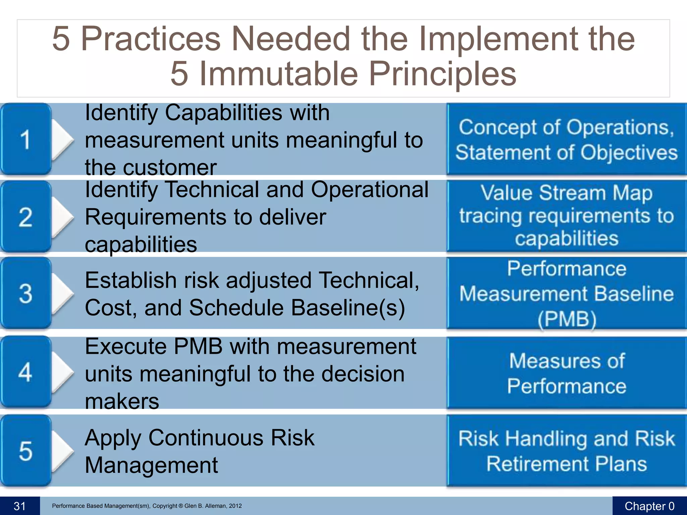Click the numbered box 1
[x=25, y=139]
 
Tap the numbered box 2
[x=25, y=217]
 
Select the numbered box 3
[x=25, y=293]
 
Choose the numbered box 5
[x=25, y=450]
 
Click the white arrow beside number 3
[x=62, y=293]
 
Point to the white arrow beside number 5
[x=62, y=450]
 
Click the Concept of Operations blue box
[x=566, y=139]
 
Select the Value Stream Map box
[x=566, y=216]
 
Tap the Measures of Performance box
[x=566, y=373]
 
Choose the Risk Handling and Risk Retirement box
[x=566, y=451]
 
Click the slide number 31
[x=20, y=506]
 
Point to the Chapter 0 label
[x=649, y=506]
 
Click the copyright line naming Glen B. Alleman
[x=147, y=506]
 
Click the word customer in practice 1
[x=169, y=167]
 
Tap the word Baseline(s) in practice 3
[x=348, y=307]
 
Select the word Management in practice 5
[x=151, y=465]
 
